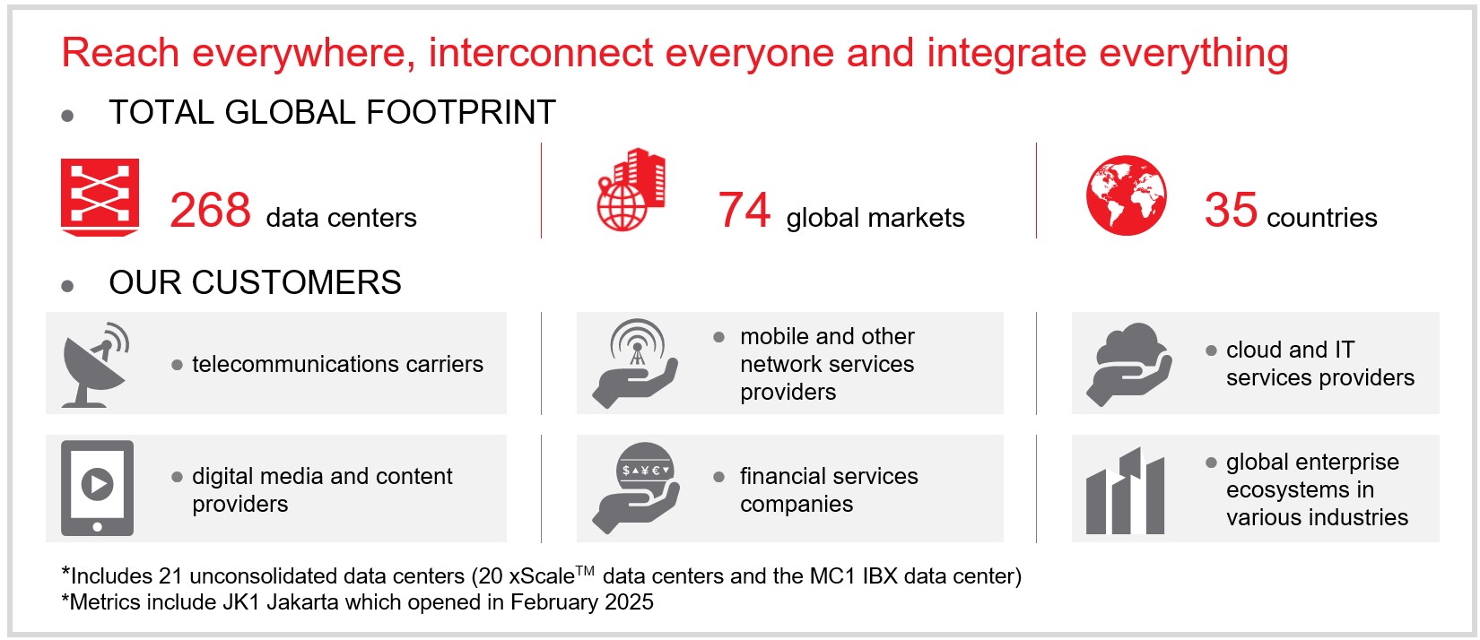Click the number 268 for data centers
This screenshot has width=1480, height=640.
210,210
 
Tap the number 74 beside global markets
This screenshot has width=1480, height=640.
744,210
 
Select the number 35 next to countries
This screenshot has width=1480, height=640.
1231,210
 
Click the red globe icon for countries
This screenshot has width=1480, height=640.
1127,195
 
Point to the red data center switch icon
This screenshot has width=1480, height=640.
100,197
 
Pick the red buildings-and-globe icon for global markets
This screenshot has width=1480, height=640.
631,189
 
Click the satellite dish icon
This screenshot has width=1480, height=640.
95,365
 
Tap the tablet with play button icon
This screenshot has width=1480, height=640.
97,489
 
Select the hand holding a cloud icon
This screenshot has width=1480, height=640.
1128,364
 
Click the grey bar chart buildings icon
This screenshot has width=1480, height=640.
1125,491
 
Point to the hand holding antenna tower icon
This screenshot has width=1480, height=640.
635,364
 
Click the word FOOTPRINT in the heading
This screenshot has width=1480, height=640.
460,112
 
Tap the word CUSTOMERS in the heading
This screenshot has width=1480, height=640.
297,282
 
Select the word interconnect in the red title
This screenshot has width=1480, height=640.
541,52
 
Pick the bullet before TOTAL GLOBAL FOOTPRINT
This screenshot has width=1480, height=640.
67,117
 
